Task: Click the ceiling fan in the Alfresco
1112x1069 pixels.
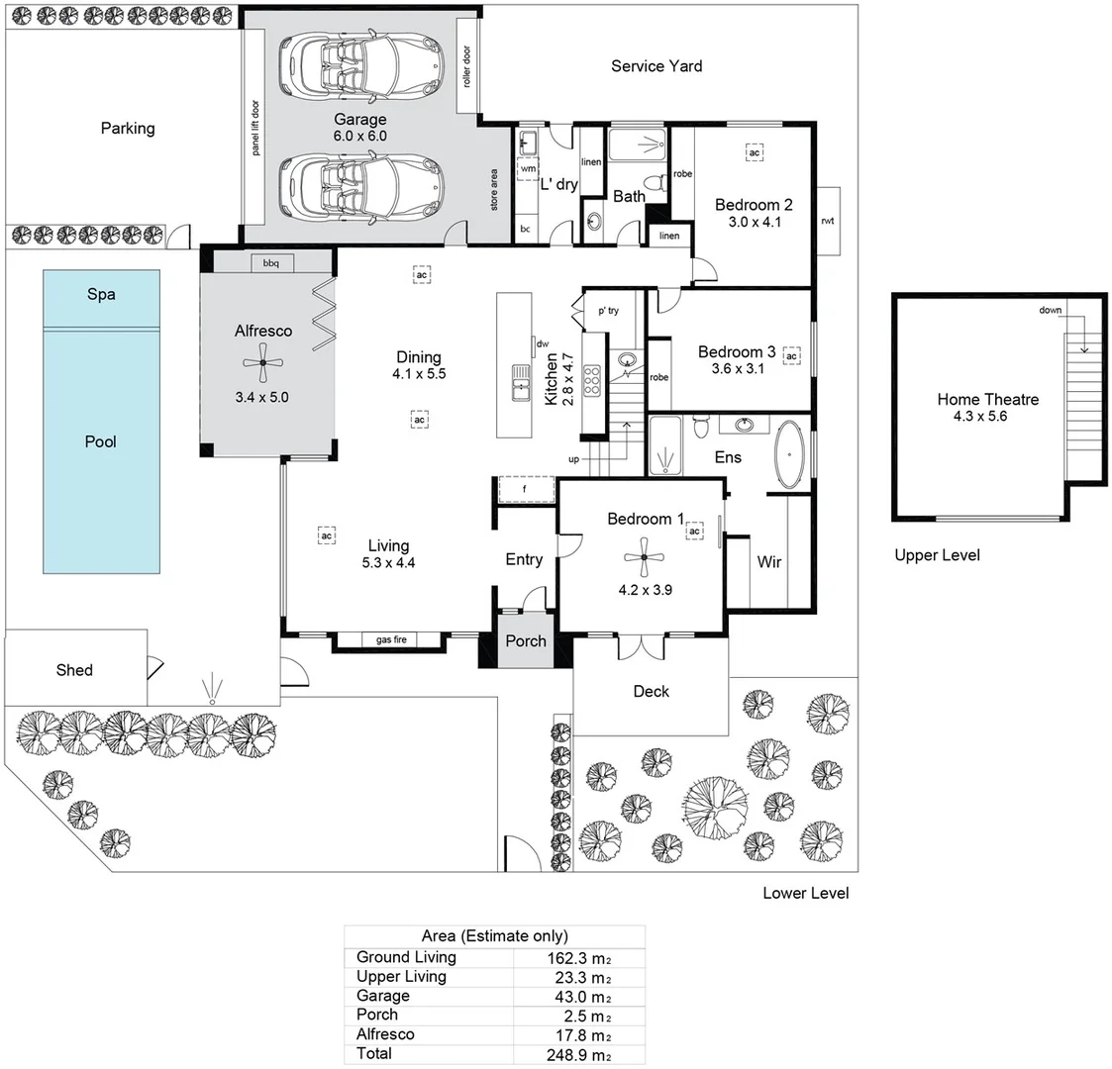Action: pos(263,363)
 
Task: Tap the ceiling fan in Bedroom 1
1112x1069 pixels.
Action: pos(644,557)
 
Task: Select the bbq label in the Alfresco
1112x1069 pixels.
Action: pos(270,263)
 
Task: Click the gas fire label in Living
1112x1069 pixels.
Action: pos(391,640)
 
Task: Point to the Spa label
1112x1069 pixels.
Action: pos(101,295)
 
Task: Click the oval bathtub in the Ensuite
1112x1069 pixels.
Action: pos(788,455)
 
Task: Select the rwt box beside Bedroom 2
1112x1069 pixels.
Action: pos(828,221)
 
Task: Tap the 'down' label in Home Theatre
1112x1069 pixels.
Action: pos(1051,311)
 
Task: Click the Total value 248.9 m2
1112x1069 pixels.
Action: pos(579,1054)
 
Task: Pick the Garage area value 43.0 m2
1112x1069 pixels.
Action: pos(579,997)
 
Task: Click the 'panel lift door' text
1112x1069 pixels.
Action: pos(254,127)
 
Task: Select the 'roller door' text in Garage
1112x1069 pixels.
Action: pos(466,66)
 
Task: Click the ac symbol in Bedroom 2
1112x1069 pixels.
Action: pos(754,152)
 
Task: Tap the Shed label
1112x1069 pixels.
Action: pos(74,670)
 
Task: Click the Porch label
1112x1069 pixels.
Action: pos(526,640)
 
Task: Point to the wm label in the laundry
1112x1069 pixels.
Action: pos(527,169)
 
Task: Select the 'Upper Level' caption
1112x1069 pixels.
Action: pos(937,555)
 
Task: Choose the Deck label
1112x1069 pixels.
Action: pos(652,691)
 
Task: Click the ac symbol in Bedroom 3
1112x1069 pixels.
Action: pos(791,355)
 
